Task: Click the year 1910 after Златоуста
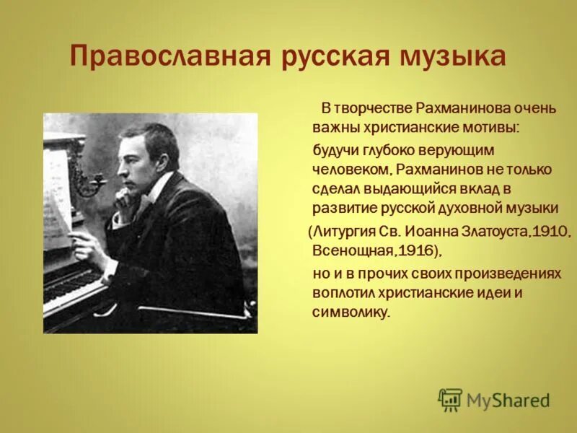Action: pos(551,232)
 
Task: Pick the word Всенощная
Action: pos(348,250)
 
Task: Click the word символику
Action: pos(351,312)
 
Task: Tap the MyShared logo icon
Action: pos(450,400)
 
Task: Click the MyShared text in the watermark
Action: pos(508,401)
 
